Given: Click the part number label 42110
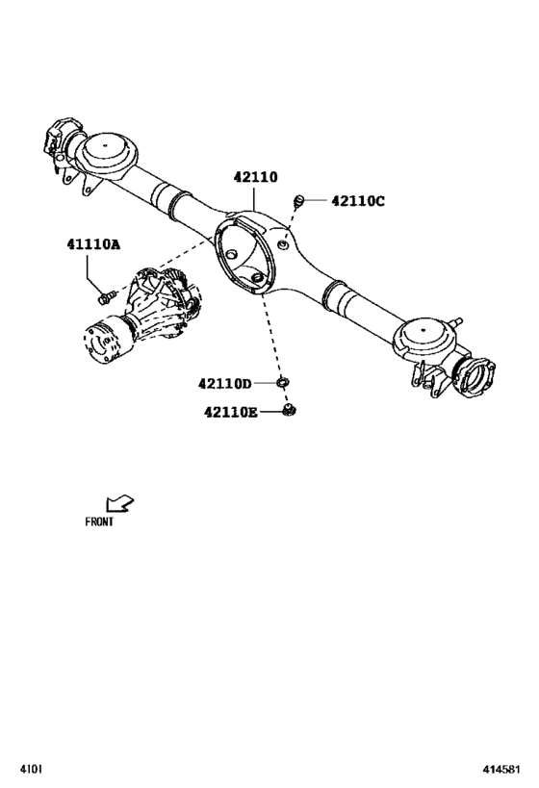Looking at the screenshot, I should click(255, 178).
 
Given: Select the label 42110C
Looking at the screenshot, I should click(357, 201).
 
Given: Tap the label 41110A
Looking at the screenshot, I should click(93, 245).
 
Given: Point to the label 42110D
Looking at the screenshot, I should click(224, 383).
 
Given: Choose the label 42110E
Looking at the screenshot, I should click(230, 413).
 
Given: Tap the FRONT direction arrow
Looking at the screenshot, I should click(118, 503).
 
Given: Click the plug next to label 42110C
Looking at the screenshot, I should click(299, 200).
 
